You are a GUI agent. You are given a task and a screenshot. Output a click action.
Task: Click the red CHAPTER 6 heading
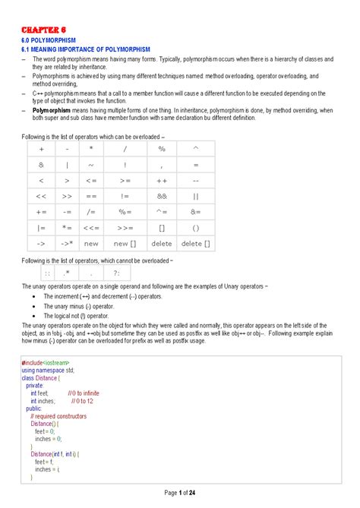point(44,30)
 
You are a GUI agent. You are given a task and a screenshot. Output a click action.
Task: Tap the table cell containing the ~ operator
point(91,165)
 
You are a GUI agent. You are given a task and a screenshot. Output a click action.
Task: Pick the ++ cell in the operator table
point(162,181)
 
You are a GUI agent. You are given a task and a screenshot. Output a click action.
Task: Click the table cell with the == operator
point(91,197)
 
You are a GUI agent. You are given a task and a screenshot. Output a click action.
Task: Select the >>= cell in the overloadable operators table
point(125,228)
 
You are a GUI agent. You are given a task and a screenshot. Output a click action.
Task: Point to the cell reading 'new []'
point(125,244)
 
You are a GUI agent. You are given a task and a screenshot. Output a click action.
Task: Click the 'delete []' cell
point(197,244)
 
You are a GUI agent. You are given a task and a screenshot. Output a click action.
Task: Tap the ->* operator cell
point(67,244)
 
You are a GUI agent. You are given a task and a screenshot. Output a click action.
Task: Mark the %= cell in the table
point(125,213)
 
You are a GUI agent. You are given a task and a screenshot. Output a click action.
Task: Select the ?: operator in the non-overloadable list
point(116,273)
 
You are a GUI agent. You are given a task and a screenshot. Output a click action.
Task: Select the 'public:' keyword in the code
point(33,408)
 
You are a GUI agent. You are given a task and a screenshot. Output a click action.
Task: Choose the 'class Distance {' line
point(45,377)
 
